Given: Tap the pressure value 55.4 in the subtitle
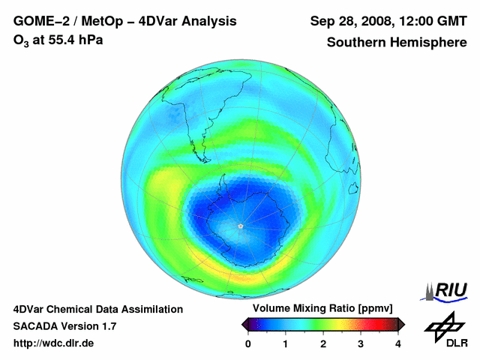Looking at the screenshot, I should click(x=67, y=40).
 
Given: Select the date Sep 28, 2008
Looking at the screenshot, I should click(x=351, y=21).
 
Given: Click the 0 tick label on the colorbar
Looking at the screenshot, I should click(x=248, y=343).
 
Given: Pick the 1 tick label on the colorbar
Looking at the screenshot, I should click(x=286, y=343).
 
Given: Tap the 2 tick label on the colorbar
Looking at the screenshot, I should click(x=323, y=343).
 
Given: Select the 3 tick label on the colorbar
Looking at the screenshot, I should click(x=361, y=343).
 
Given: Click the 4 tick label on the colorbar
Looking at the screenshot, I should click(x=398, y=343).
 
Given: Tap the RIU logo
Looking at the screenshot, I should click(x=445, y=289).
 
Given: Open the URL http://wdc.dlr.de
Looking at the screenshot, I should click(x=54, y=343).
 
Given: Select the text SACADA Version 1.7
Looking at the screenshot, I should click(x=64, y=326).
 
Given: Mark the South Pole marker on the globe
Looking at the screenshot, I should click(x=240, y=226).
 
